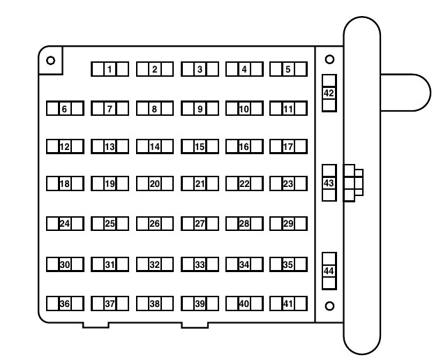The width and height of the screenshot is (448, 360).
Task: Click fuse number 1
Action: coord(110,69)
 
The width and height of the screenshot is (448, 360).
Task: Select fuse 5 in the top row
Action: coord(288,69)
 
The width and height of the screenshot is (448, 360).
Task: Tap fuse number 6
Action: coord(65,108)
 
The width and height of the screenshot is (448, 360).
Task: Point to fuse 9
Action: coord(200,108)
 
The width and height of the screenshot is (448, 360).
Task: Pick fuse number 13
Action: coord(110,147)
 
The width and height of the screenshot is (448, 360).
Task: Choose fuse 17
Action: coord(288,147)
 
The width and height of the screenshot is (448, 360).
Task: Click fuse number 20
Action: coord(155,183)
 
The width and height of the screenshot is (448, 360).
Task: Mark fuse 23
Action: coord(288,183)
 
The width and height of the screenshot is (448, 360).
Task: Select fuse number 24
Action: coord(65,224)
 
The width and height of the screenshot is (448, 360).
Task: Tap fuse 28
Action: coord(244,224)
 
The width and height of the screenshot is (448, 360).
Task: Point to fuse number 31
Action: coord(110,264)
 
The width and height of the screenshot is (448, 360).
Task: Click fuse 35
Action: coord(288,264)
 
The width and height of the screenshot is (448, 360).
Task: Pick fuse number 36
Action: coord(65,303)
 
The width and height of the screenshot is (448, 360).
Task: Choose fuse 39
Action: coord(200,303)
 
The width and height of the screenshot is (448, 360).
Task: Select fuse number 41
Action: coord(288,303)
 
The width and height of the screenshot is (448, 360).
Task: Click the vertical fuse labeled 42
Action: coord(329,93)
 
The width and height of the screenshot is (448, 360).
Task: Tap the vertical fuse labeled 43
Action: coord(329,183)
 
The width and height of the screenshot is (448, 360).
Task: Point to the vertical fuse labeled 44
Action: coord(329,271)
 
